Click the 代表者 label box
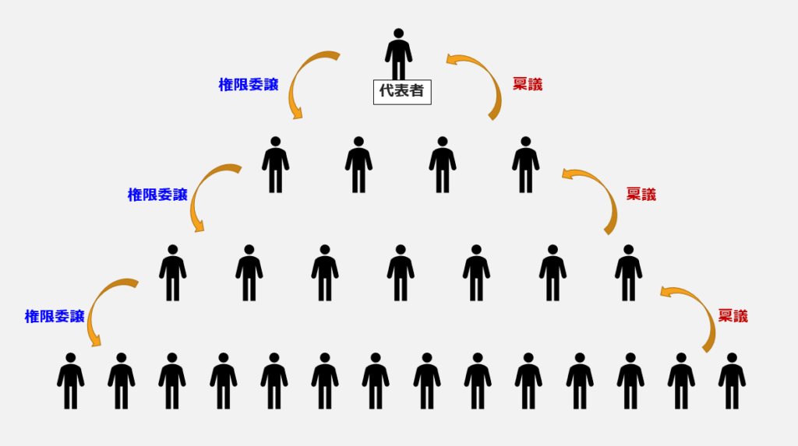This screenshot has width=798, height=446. pos(401,91)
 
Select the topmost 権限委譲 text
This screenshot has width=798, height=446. pos(249,86)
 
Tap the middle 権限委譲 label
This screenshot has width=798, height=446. pos(157,195)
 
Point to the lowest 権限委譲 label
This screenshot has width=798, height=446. pos(55,316)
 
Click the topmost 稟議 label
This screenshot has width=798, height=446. pos(528,85)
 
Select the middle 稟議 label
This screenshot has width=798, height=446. pos(641,195)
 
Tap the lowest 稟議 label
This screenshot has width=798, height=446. pos(733,316)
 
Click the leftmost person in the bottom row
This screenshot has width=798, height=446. pos(70,381)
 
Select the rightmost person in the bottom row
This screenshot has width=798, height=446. pos(732,381)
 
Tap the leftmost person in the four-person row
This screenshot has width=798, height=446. pos(275,165)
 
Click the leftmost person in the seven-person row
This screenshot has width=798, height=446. pos(172,273)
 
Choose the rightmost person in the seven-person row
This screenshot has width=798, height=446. pos(628,273)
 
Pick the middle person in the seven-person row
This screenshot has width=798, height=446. pos(401,273)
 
